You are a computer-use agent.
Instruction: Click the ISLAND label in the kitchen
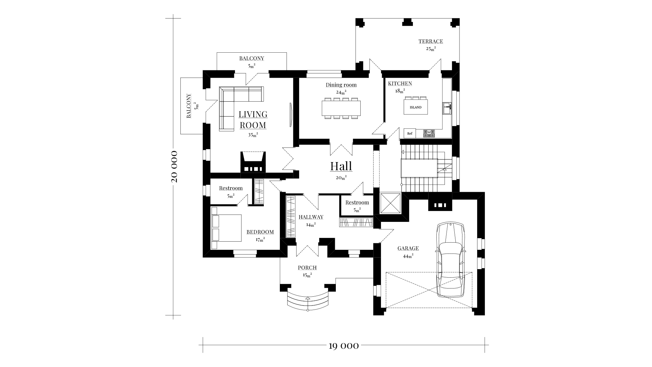[x=416, y=107]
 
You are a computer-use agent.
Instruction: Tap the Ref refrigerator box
[x=410, y=133]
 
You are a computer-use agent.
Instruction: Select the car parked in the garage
[x=450, y=260]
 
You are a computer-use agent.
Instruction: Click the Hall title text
[x=341, y=166]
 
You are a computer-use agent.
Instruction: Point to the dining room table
[x=341, y=108]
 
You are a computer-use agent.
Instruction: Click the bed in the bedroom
[x=226, y=228]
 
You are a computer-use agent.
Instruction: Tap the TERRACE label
[x=431, y=41]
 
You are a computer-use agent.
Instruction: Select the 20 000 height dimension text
[x=174, y=167]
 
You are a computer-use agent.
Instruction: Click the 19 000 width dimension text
[x=344, y=346]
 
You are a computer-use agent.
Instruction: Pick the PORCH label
[x=307, y=268]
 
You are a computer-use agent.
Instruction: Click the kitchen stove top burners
[x=429, y=134]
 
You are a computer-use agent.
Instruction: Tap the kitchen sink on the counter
[x=447, y=108]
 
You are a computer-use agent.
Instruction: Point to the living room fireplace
[x=253, y=162]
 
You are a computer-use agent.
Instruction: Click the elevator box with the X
[x=391, y=203]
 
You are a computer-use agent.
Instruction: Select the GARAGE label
[x=408, y=248]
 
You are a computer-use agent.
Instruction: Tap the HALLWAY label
[x=311, y=217]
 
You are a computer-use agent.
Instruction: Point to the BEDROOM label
[x=260, y=232]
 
